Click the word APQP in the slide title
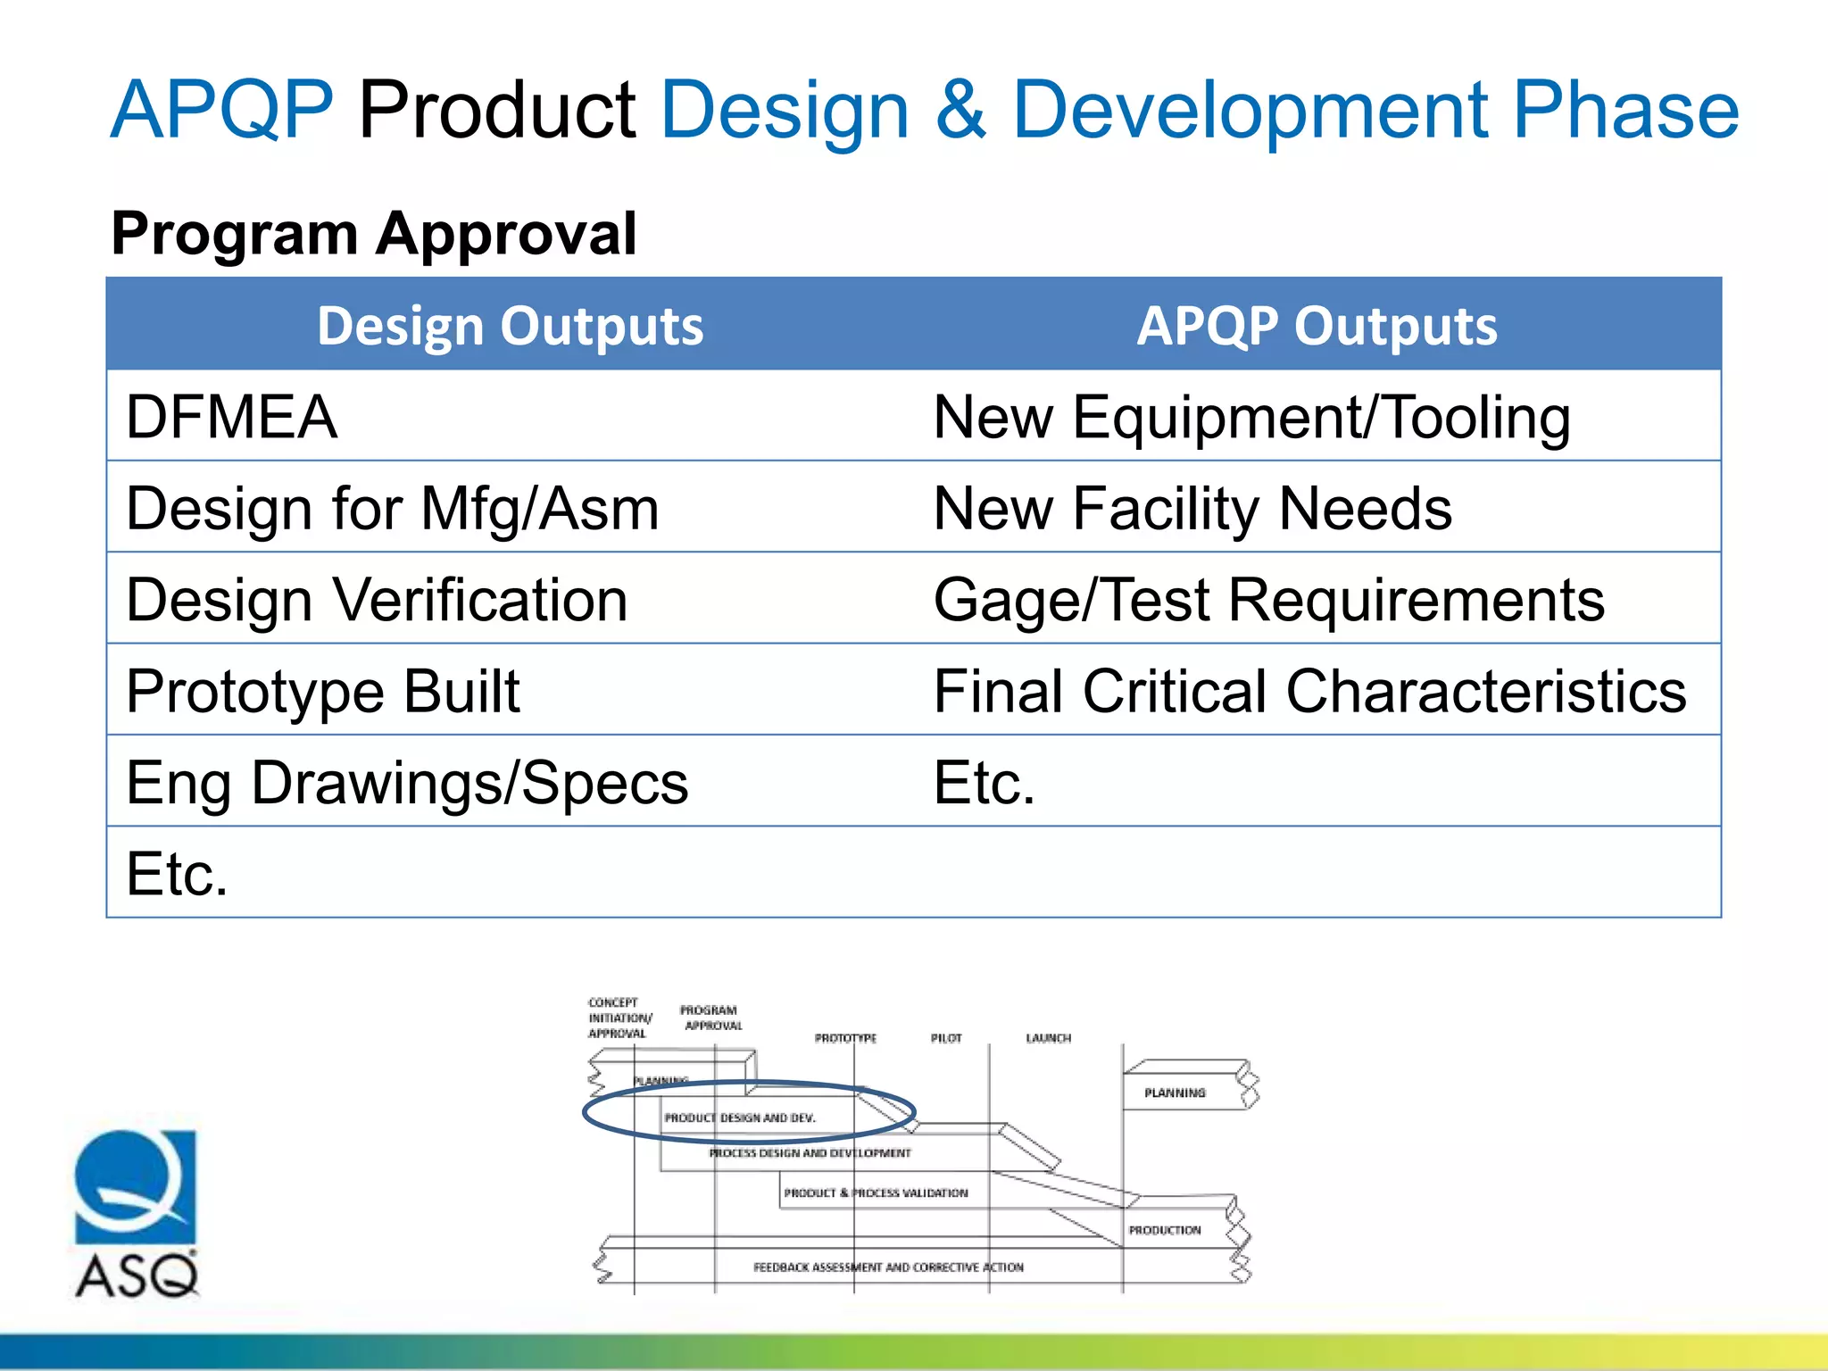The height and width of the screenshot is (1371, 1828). (x=221, y=111)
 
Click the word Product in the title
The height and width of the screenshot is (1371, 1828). (x=497, y=111)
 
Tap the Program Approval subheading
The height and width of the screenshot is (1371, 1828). (x=373, y=234)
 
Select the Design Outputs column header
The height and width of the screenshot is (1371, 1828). (x=510, y=326)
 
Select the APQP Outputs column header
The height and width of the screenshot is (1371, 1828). (x=1317, y=326)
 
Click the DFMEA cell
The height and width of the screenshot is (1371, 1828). (x=232, y=417)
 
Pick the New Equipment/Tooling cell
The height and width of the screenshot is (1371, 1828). (x=1251, y=417)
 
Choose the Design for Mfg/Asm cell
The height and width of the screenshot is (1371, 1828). (x=393, y=509)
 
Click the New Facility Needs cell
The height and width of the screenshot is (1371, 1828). (x=1192, y=509)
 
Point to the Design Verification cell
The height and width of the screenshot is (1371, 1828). (x=377, y=600)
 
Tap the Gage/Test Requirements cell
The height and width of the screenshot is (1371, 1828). (x=1268, y=600)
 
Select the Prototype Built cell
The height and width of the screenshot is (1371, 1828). (x=322, y=692)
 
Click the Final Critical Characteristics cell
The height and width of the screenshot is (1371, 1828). (x=1309, y=692)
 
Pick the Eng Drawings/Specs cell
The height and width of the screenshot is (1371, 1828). (x=407, y=783)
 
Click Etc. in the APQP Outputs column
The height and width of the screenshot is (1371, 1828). (x=984, y=783)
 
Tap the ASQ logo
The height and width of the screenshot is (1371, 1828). (x=136, y=1214)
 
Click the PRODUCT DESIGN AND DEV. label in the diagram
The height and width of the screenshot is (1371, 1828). (x=740, y=1118)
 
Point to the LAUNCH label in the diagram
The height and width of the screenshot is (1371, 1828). (x=1048, y=1038)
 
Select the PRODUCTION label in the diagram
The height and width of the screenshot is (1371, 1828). (x=1164, y=1230)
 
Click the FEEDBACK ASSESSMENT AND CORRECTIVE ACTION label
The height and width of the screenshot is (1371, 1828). (x=888, y=1267)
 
